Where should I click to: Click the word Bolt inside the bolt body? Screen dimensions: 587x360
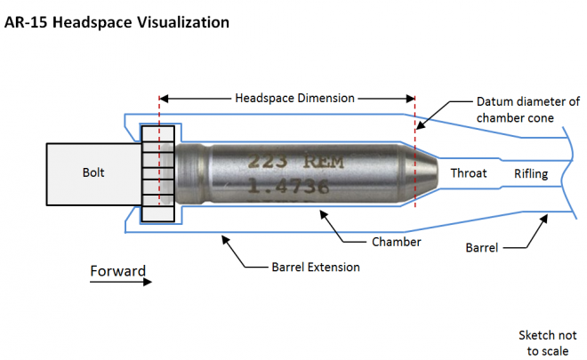point(93,172)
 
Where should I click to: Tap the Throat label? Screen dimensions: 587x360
point(469,173)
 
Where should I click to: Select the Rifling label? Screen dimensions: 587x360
point(531,174)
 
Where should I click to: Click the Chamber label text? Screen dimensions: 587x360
point(397,242)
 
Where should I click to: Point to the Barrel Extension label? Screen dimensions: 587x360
point(316,268)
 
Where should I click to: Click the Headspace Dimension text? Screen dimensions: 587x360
point(294,98)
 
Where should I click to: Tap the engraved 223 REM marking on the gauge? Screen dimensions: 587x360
point(295,161)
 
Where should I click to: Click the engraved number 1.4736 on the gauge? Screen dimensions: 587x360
point(288,186)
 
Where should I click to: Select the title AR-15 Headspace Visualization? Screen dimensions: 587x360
point(117,22)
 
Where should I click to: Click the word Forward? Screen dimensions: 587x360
point(118,270)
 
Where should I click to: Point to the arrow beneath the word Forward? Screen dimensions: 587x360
point(121,282)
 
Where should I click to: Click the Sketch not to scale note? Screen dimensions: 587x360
point(547,343)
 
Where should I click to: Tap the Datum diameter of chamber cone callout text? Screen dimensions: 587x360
point(527,109)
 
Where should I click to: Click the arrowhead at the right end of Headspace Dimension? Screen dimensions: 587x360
point(411,99)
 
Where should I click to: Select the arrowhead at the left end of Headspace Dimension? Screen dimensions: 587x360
point(164,99)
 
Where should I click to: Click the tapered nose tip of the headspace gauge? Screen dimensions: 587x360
point(435,173)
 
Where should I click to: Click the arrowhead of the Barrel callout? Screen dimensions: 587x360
point(544,219)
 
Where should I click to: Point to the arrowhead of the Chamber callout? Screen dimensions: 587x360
point(324,214)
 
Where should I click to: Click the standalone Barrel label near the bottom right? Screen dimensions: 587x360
point(482,248)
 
